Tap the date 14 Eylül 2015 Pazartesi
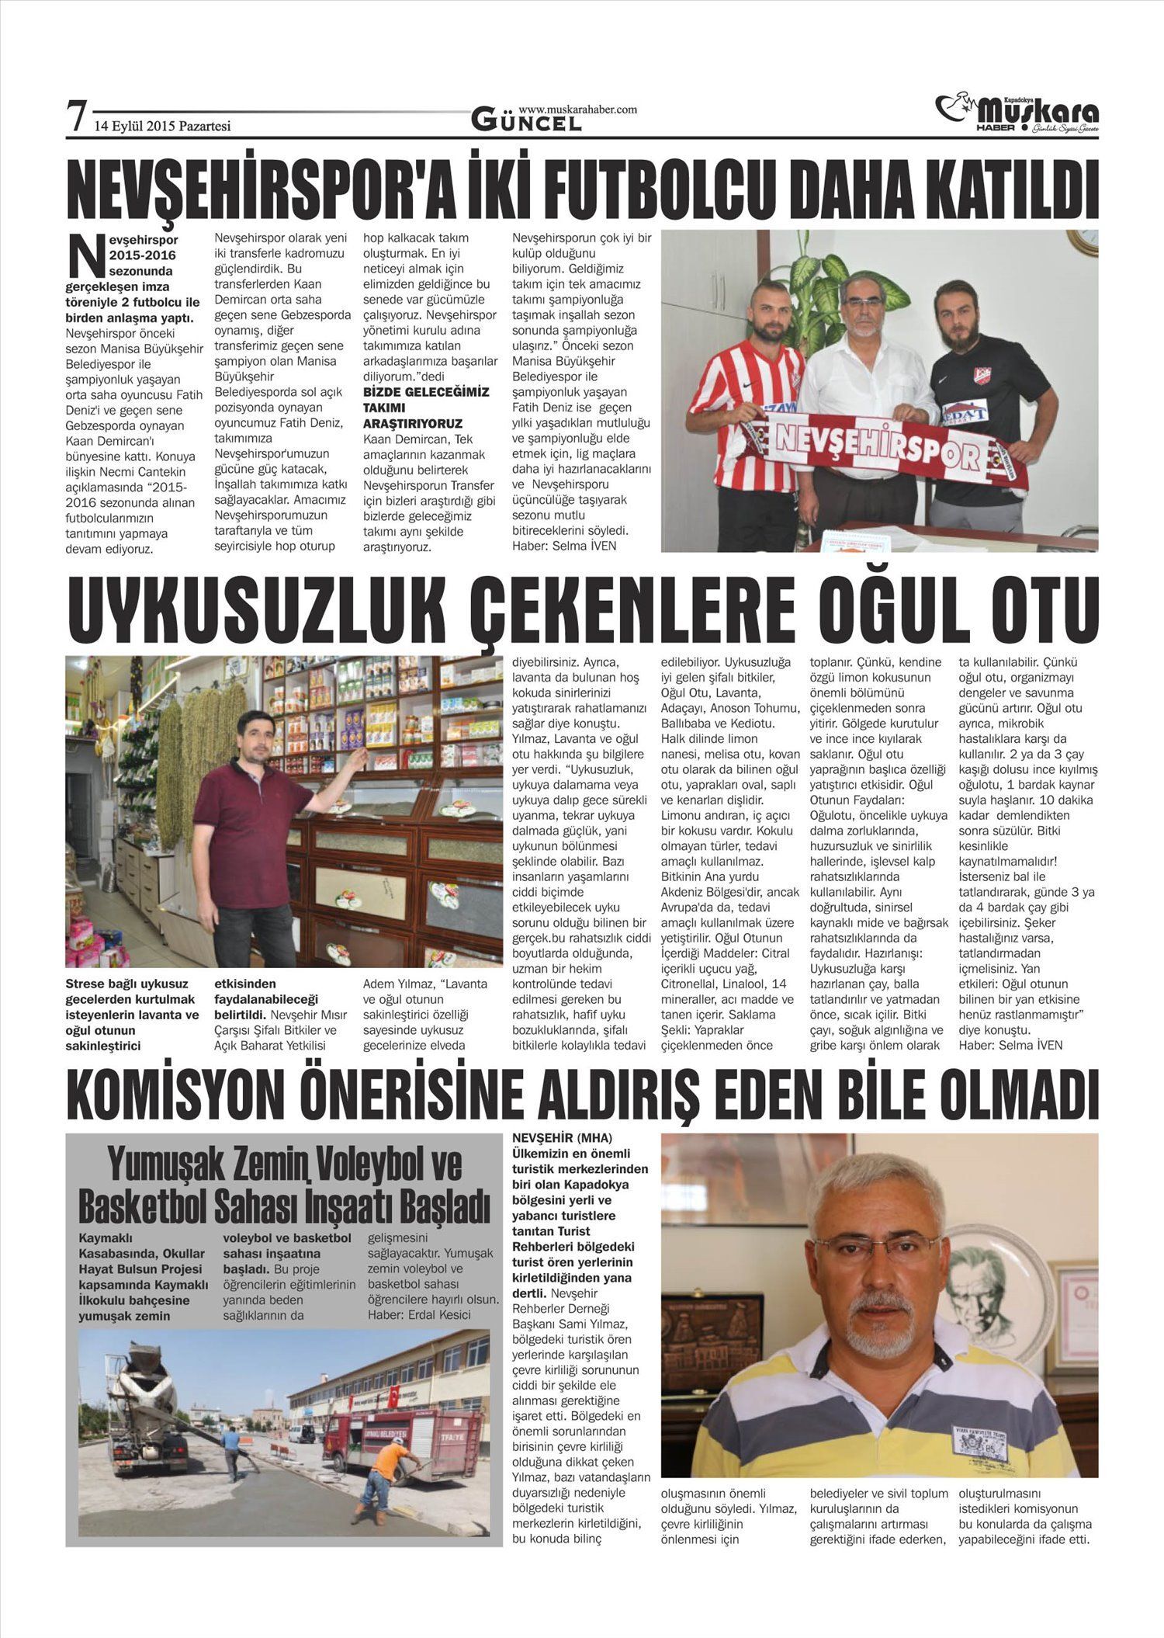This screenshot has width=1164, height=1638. point(162,126)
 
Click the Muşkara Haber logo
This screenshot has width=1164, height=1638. point(1017,113)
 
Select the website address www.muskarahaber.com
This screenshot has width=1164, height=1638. point(577,109)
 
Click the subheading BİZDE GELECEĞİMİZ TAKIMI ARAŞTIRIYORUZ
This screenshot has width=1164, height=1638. point(426,408)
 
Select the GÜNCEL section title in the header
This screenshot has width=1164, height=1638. point(526,120)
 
